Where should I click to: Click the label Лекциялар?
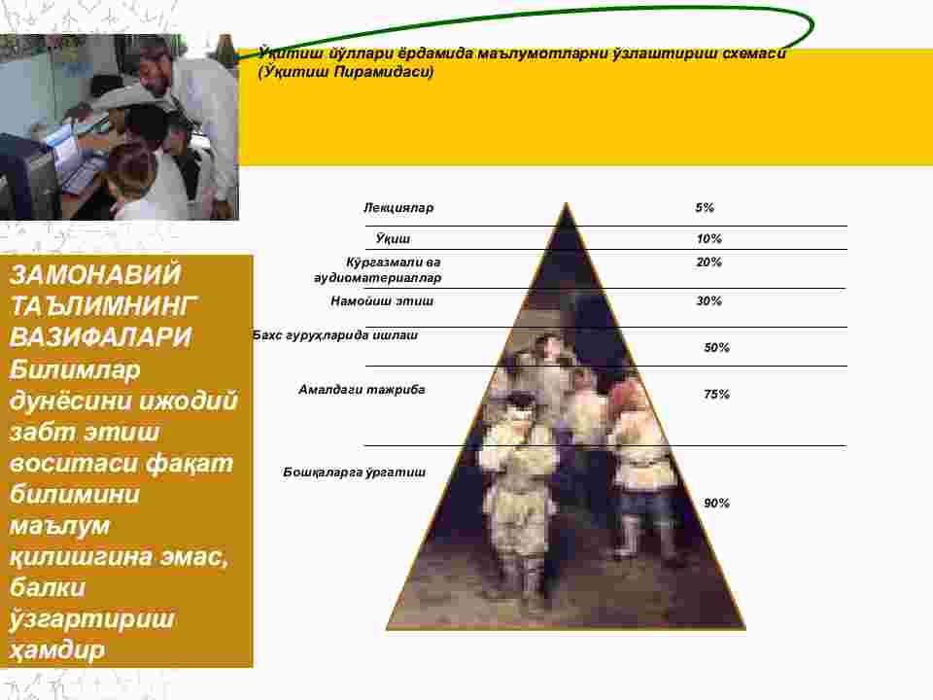(398, 208)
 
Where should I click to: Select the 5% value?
(705, 208)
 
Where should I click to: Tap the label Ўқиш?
(393, 239)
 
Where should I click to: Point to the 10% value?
(708, 239)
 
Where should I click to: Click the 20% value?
(708, 262)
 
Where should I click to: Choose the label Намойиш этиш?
(382, 301)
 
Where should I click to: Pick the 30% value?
(708, 301)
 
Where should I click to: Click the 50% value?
(716, 348)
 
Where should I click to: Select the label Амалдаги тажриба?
(362, 390)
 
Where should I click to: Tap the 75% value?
(716, 394)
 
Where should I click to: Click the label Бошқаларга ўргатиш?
(354, 472)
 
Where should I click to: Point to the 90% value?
(716, 503)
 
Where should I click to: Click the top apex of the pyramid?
(566, 203)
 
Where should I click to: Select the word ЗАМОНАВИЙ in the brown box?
(95, 275)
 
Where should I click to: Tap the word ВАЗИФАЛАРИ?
(100, 337)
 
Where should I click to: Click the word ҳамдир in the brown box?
(57, 648)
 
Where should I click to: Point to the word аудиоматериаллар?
(378, 278)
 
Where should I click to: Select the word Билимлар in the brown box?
(75, 369)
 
